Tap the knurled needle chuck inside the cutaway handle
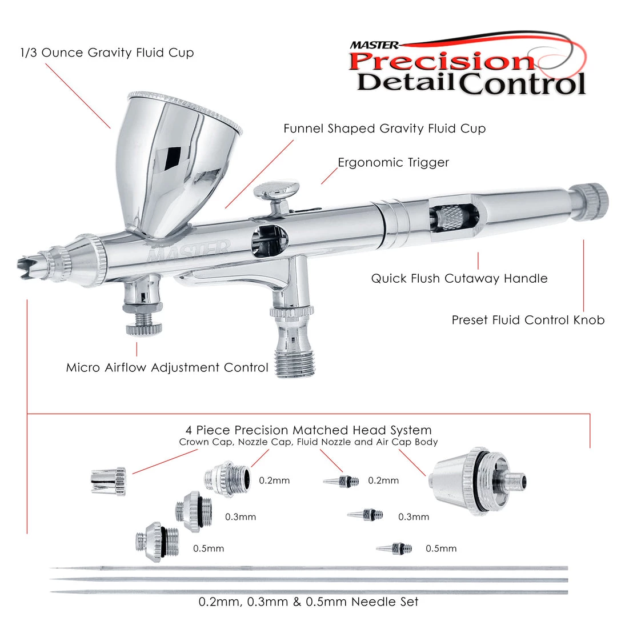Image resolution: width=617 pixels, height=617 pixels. [451, 220]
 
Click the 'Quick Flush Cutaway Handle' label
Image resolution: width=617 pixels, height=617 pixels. [459, 279]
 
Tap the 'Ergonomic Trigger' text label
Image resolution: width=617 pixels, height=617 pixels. [393, 163]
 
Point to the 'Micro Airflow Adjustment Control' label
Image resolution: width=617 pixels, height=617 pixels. [167, 367]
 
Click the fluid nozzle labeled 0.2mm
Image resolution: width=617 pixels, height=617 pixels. [342, 481]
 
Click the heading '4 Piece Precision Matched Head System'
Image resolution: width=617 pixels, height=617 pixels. [308, 430]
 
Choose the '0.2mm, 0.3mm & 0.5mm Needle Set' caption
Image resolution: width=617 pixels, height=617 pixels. [308, 602]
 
